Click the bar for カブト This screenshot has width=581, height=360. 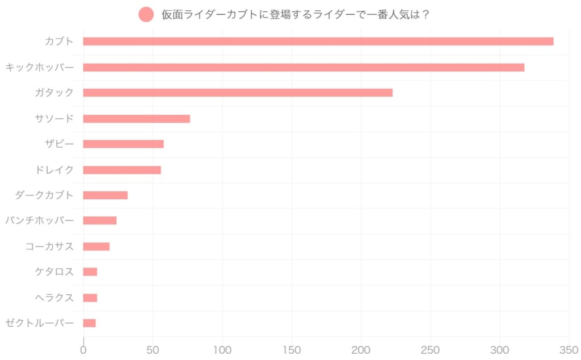coord(318,41)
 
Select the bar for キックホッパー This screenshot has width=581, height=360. coord(304,68)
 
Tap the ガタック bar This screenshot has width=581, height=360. coord(238,93)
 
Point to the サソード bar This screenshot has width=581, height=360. coord(136,119)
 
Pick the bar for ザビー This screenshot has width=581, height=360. coord(123,144)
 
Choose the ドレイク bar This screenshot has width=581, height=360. coord(122,170)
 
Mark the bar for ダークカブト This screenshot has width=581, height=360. coord(105,195)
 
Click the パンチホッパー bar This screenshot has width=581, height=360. coord(99,221)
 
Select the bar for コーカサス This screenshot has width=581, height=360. coord(96,246)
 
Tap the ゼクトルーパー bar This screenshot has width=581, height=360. coord(89,323)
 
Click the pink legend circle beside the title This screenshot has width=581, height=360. coord(146,14)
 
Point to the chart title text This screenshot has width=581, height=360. coord(295,14)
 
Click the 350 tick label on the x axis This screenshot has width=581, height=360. coord(569,350)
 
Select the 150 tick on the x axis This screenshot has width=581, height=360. coord(292,350)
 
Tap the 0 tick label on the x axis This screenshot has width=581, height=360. coord(83,350)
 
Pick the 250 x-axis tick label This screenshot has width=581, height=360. coord(431,350)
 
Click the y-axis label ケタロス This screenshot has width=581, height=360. coord(54,272)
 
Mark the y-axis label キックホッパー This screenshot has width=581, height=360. coord(40,68)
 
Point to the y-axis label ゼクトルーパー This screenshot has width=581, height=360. coord(40,323)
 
